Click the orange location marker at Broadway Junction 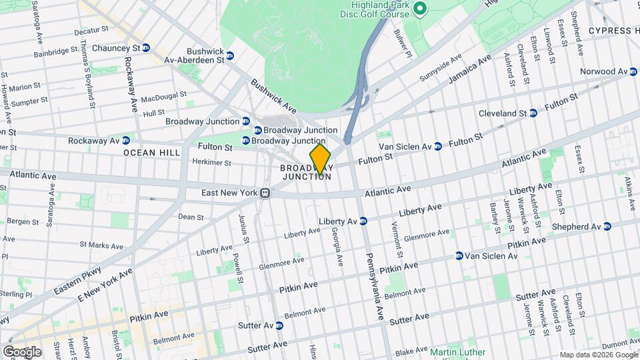(320, 159)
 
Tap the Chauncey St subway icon (146, 48)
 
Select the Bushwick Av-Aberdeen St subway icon (230, 55)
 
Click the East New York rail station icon (265, 193)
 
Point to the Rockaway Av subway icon (126, 141)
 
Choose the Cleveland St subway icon (533, 113)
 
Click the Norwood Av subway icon (633, 71)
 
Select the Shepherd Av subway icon (607, 227)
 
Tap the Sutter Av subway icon (279, 325)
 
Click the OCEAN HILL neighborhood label (151, 153)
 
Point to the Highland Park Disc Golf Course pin (419, 9)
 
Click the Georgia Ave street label (337, 245)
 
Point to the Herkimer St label (211, 163)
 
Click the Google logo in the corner (21, 351)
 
